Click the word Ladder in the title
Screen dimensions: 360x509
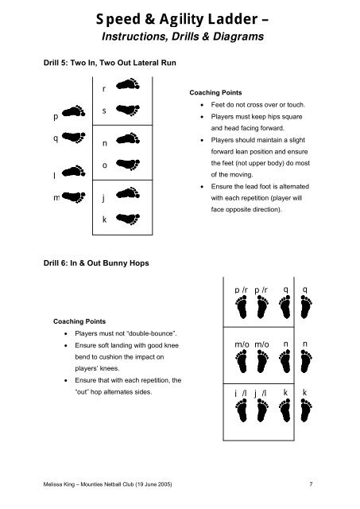233,19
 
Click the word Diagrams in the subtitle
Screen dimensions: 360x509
238,37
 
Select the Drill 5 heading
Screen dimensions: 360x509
110,63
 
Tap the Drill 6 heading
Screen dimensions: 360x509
96,263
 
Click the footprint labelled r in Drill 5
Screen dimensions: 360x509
128,84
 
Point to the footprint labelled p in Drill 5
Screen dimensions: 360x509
74,111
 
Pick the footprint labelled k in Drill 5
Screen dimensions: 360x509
128,219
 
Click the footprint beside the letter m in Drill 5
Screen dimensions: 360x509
74,196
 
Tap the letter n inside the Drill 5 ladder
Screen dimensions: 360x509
104,143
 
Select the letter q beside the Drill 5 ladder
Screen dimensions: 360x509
56,138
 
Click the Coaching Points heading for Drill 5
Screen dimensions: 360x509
215,92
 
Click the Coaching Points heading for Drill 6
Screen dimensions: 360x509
79,321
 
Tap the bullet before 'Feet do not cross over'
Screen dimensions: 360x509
202,105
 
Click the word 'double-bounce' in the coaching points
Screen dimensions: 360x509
151,333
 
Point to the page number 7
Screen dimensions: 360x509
311,484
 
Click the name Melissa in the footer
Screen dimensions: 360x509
51,484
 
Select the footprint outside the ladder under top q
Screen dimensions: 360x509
306,307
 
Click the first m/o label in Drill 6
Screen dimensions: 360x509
242,344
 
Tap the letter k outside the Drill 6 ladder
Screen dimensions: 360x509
305,392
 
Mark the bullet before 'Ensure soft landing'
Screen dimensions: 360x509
66,346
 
